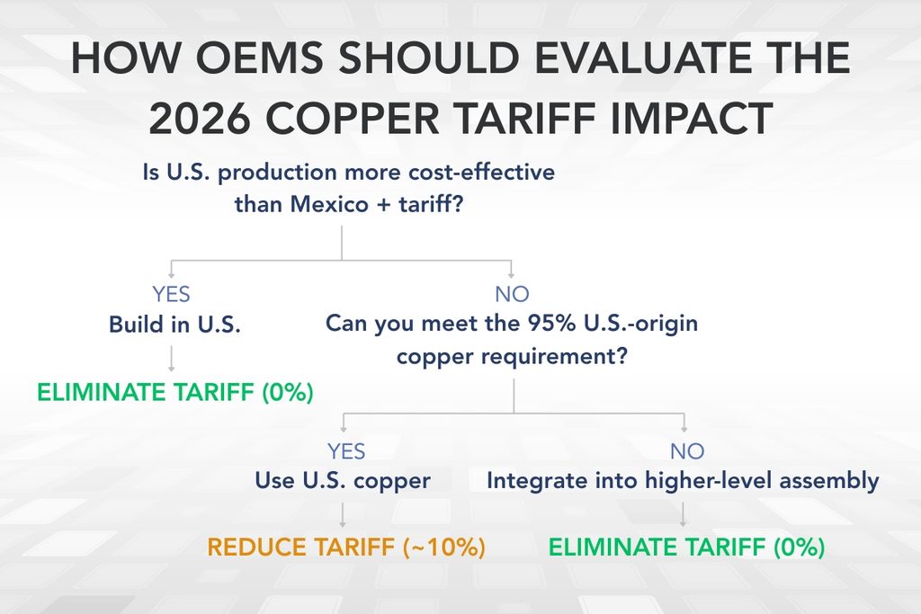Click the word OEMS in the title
pos(261,60)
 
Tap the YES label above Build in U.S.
pos(171,295)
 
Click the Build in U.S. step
pos(175,325)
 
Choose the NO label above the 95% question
pos(512,295)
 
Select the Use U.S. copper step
pos(343,481)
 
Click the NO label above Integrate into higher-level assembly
pos(685,450)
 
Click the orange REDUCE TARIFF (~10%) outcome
pos(346,547)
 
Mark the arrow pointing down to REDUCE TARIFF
pos(343,514)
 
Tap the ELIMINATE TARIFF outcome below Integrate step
pos(686,547)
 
